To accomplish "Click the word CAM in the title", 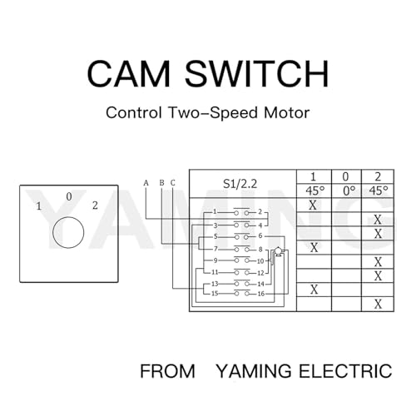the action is (x=128, y=74).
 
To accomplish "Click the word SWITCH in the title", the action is (x=257, y=74).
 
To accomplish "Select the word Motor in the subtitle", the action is (x=286, y=112).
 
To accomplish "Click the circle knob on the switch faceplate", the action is (x=68, y=232).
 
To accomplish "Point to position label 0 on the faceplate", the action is (x=69, y=196).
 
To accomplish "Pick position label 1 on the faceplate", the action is (x=38, y=206).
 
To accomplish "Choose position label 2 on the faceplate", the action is (x=95, y=206).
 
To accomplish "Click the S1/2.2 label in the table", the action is (x=240, y=184).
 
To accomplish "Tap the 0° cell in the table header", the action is (x=349, y=191).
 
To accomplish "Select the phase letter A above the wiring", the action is (x=146, y=183).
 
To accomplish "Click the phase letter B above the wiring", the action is (x=162, y=183).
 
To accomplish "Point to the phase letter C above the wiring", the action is (x=173, y=183).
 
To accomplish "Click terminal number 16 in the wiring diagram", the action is (x=260, y=294).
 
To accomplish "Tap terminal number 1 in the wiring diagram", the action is (x=215, y=211).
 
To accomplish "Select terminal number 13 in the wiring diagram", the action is (x=215, y=284).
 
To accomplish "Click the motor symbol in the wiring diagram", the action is (x=277, y=251).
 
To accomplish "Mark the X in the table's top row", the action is (x=313, y=206).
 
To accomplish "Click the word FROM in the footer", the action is (x=167, y=371).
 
